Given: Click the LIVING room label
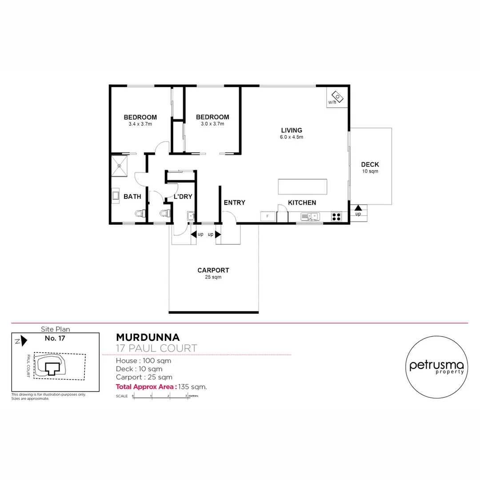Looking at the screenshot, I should (291, 130).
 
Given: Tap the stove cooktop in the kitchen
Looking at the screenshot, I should (336, 216).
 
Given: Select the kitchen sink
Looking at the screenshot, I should (310, 216).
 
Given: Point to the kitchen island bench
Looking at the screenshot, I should (302, 187).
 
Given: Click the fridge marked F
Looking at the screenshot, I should (268, 216).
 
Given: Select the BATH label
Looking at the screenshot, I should (132, 196).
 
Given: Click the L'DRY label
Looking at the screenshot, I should (182, 196).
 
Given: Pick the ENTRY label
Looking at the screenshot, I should (234, 203).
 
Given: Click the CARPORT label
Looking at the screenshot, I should (213, 270).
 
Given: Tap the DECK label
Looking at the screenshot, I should (370, 164).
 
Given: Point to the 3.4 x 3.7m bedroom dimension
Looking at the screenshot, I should (140, 124).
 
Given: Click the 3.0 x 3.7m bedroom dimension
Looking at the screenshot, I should (212, 124).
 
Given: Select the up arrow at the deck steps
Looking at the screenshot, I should (358, 208).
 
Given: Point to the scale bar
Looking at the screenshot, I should (161, 396).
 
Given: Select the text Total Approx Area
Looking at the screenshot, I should (146, 387).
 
